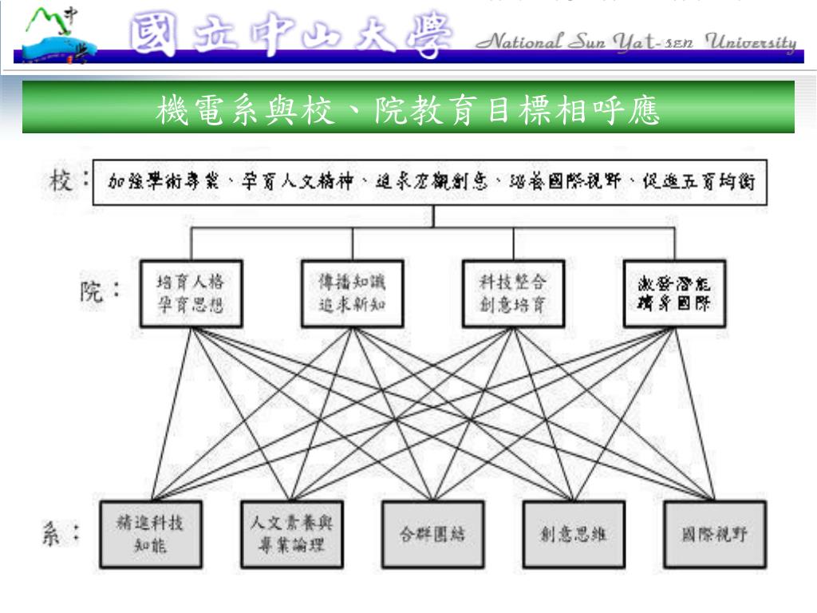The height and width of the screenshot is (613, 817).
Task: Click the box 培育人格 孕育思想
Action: pyautogui.click(x=190, y=293)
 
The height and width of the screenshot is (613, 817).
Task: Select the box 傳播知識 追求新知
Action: pyautogui.click(x=352, y=293)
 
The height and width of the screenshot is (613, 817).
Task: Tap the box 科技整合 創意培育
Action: pyautogui.click(x=513, y=293)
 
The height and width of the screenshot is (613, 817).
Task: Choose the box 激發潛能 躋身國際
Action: pyautogui.click(x=674, y=293)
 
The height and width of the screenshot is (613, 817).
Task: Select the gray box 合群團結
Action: pyautogui.click(x=432, y=535)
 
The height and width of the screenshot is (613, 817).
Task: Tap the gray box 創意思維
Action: pyautogui.click(x=573, y=535)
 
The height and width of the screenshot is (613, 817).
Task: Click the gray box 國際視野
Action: pyautogui.click(x=714, y=535)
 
